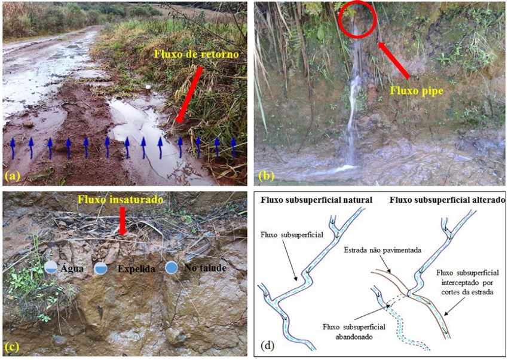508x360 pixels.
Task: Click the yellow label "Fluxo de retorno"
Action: click(196, 54)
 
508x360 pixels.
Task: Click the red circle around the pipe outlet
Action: click(357, 20)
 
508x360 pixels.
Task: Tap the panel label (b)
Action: click(265, 176)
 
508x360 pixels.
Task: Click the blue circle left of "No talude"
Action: click(172, 268)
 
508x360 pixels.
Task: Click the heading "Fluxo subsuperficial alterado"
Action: click(445, 199)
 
